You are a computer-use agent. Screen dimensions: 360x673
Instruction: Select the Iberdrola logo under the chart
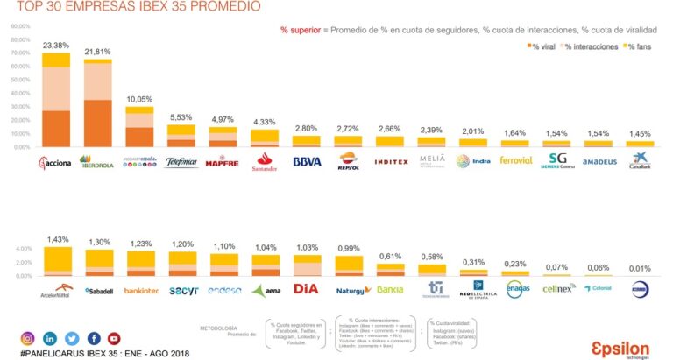click(x=97, y=161)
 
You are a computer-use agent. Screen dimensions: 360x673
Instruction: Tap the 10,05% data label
click(x=139, y=99)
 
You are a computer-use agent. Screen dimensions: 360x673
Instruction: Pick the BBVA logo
click(x=307, y=162)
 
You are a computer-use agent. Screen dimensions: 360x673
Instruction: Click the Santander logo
click(x=265, y=161)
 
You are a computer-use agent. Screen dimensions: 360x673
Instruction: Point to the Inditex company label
click(x=390, y=162)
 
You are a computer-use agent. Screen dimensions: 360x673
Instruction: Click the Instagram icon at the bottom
click(x=27, y=338)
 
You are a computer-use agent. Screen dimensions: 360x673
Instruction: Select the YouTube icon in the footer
click(x=114, y=338)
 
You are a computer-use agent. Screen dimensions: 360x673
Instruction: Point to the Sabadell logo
click(x=99, y=290)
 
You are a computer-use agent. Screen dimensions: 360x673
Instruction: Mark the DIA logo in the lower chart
click(x=307, y=289)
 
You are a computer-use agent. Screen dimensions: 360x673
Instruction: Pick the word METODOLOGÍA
click(x=219, y=328)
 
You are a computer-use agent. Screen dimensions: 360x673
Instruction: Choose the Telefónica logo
click(x=181, y=162)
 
